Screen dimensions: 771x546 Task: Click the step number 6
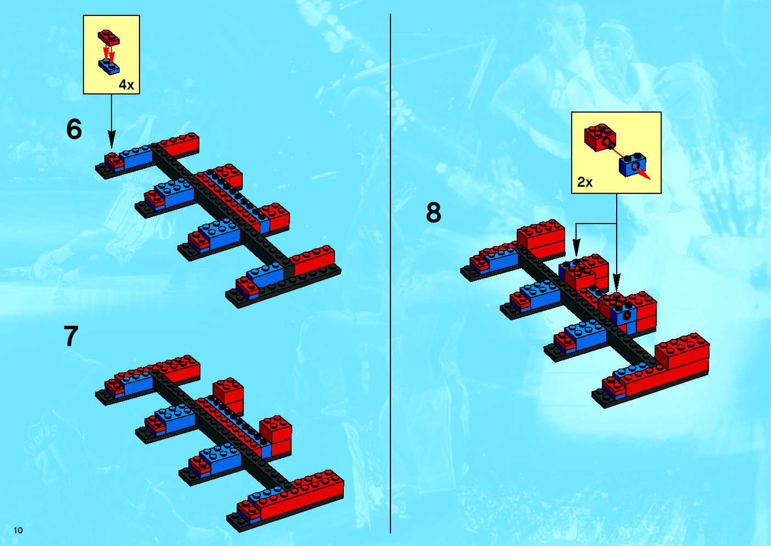[74, 130]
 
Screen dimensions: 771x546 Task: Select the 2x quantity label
[585, 182]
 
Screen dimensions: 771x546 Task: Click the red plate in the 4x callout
[108, 38]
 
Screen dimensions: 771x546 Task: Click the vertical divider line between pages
[390, 269]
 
